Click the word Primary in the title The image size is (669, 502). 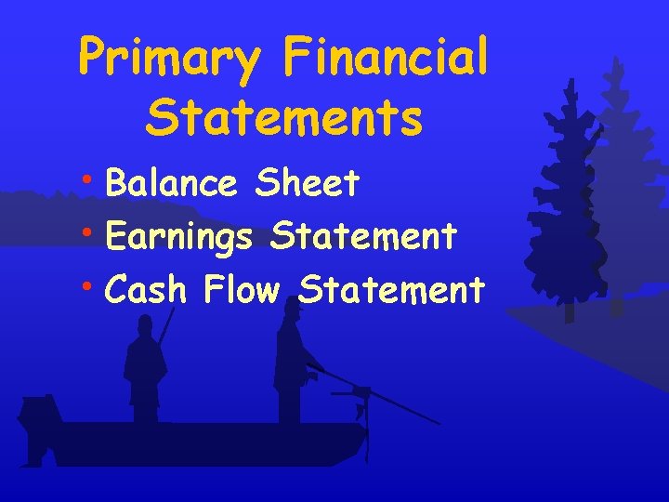click(x=171, y=58)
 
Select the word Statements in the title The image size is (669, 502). click(x=284, y=118)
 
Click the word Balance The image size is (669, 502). click(x=172, y=183)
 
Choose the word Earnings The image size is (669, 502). click(x=179, y=238)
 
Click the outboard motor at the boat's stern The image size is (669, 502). click(x=39, y=423)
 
